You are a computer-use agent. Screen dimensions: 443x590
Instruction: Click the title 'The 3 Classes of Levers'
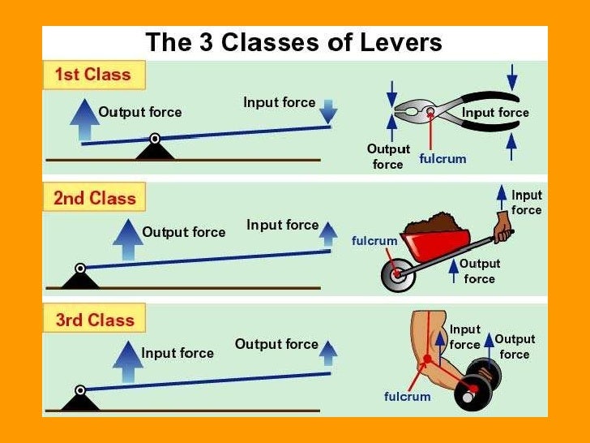[293, 42]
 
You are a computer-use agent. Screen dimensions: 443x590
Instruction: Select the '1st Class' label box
[92, 75]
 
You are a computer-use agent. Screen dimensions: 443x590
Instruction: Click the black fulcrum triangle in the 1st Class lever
[154, 150]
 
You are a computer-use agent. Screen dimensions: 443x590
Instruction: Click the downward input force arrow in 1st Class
[327, 110]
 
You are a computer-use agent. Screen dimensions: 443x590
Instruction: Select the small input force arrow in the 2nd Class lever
[327, 234]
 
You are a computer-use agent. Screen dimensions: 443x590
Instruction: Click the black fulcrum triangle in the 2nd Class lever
[79, 278]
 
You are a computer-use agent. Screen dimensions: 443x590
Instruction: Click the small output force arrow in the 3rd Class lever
[327, 353]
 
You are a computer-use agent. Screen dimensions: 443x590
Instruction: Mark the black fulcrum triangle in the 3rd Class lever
[79, 400]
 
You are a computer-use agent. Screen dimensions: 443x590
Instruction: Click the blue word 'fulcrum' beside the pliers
[442, 159]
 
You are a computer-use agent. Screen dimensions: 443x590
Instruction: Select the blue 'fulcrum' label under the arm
[407, 397]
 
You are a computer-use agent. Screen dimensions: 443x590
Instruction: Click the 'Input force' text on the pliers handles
[495, 113]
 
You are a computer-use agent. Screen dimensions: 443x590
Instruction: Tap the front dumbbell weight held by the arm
[471, 393]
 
